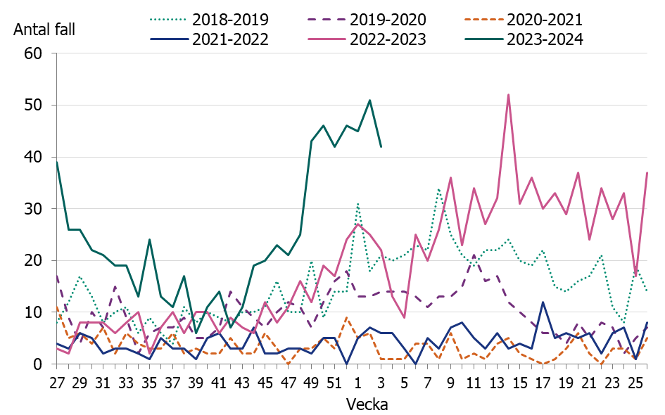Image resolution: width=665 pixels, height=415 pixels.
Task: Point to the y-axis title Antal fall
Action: pos(44,30)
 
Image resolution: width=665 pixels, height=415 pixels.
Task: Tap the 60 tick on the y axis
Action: pos(34,53)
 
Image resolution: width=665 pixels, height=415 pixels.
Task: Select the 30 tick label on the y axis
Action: pos(34,209)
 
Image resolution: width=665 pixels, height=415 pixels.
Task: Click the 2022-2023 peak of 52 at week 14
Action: pos(508,95)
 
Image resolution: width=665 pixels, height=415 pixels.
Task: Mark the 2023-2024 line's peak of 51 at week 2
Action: pos(369,100)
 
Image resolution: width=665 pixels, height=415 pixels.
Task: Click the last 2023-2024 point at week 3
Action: pos(381,146)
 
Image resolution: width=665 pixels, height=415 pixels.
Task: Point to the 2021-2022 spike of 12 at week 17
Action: pos(543,302)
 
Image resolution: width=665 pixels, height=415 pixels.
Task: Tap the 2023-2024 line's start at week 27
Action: pos(57,162)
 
